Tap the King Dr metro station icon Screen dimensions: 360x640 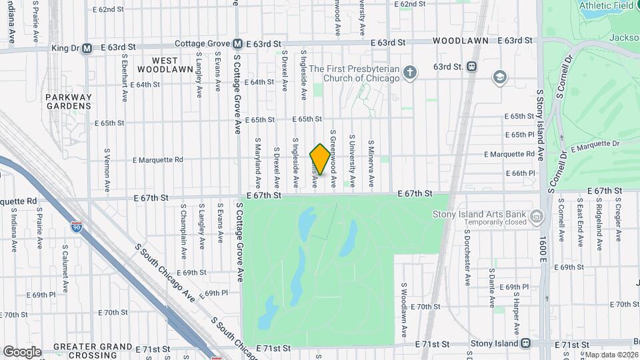tap(87, 48)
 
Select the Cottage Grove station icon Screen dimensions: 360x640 tap(237, 44)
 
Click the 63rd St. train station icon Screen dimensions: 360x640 tap(471, 67)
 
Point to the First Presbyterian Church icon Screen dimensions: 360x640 tap(410, 73)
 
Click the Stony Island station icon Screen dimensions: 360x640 tap(525, 343)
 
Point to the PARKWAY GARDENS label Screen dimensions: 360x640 tap(68, 101)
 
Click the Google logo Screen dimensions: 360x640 tap(21, 351)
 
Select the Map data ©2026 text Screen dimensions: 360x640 tap(611, 355)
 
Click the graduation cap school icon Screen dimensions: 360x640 tap(499, 78)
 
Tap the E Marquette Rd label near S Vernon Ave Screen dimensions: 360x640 tap(158, 160)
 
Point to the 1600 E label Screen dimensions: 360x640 tap(543, 247)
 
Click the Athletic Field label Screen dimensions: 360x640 tap(606, 5)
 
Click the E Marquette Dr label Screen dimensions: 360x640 tap(595, 143)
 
